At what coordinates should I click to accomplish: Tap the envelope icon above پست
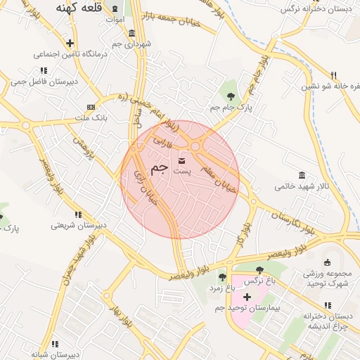tap(182, 161)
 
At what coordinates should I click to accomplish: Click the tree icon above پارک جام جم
tap(230, 94)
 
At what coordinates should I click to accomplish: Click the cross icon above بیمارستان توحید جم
tap(247, 297)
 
